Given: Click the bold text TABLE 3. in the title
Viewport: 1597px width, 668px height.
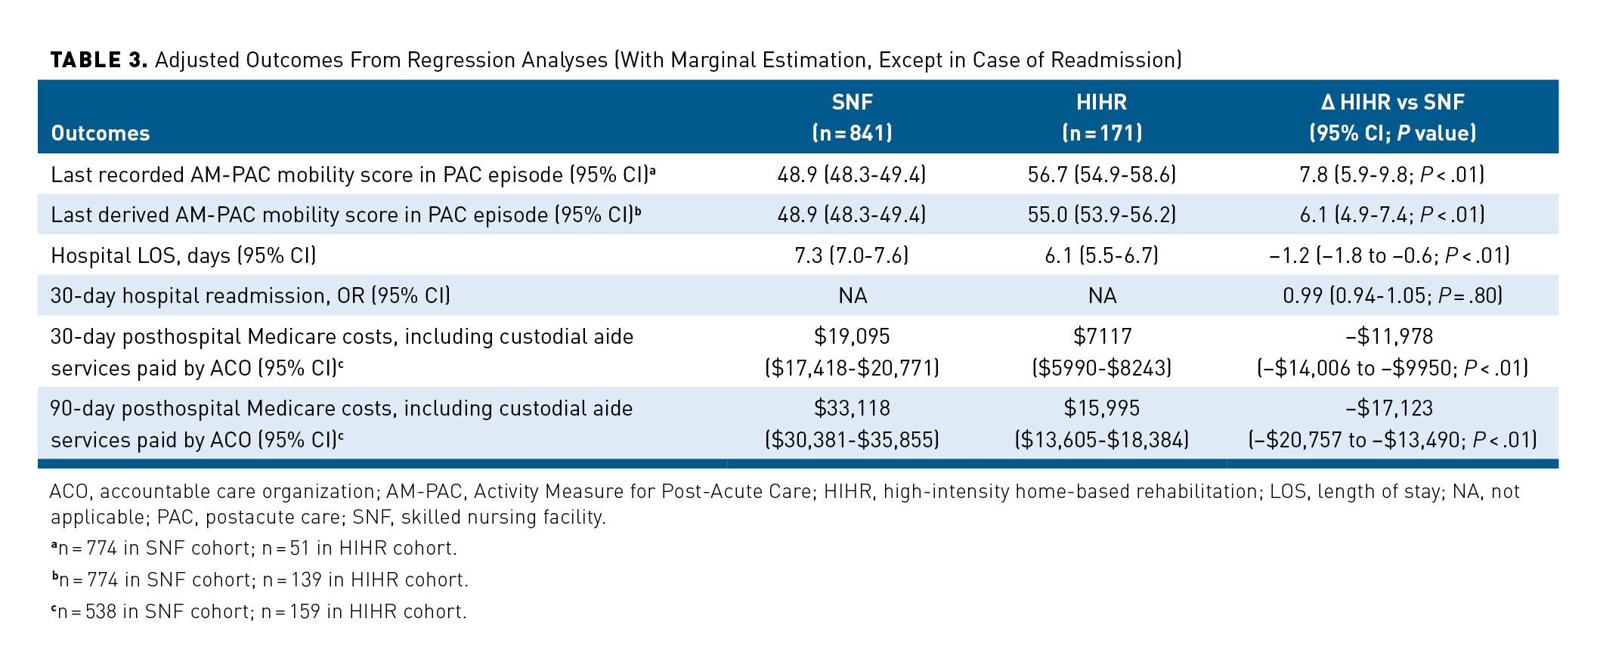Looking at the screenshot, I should [98, 60].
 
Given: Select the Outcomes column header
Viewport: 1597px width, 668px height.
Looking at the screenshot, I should [100, 134].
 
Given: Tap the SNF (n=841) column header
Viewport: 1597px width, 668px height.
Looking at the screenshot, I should [852, 117].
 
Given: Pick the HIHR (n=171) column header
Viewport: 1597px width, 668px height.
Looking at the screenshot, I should [1101, 117].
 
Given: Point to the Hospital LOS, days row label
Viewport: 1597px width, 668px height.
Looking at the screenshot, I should [183, 255].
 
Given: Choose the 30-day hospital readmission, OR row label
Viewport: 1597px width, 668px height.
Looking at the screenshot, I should [250, 295].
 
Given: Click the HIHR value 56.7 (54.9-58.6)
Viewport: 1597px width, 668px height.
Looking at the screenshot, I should [1101, 175].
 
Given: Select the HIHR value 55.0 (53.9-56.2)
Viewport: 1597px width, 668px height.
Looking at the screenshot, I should [1101, 215].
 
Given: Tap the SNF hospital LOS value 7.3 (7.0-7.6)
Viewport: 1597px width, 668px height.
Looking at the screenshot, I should [852, 255].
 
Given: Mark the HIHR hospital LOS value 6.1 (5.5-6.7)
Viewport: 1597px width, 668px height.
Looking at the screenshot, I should [1101, 255].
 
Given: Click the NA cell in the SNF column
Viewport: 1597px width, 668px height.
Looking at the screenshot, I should [852, 295].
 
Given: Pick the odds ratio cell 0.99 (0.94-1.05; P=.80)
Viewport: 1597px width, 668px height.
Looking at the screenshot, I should [1392, 295].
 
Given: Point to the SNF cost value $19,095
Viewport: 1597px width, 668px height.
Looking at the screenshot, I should [852, 336].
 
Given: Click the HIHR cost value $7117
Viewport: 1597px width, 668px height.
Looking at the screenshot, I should [1101, 336].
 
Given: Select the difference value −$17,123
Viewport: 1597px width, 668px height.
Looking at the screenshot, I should [1392, 408].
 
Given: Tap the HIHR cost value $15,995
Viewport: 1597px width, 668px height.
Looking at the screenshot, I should [1101, 408].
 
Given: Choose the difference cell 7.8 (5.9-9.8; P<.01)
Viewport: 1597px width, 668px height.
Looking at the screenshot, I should [1392, 175].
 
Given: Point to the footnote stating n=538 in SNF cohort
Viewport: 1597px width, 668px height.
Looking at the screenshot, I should [258, 611].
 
